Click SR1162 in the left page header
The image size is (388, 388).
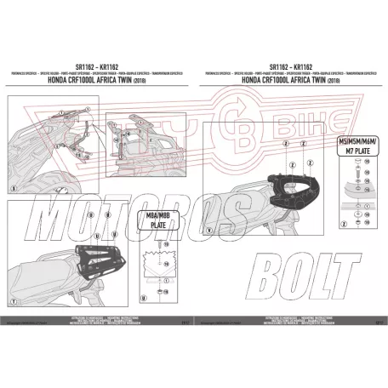pyautogui.click(x=84, y=66)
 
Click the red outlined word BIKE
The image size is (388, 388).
pyautogui.click(x=294, y=118)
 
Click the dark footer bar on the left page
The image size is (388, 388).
pyautogui.click(x=98, y=322)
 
